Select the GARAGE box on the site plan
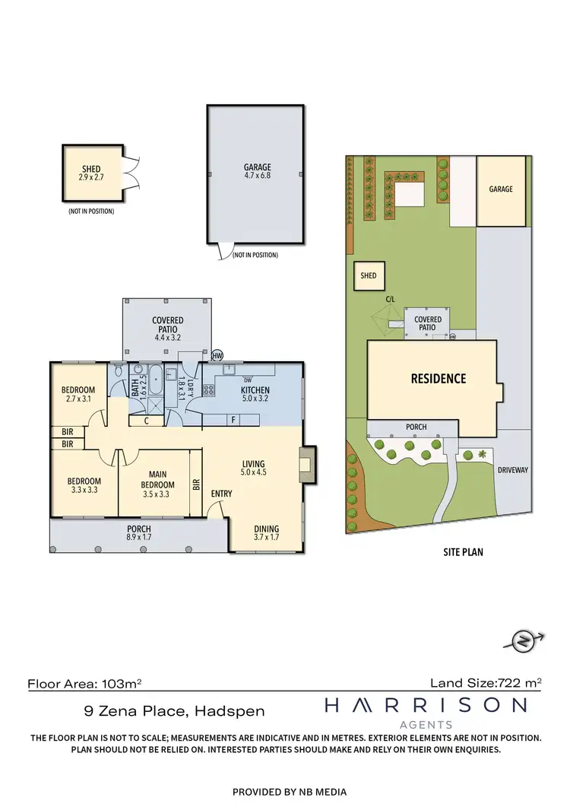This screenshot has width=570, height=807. click(x=500, y=191)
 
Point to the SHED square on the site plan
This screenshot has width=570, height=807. click(x=369, y=276)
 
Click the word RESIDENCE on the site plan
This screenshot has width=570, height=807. click(x=439, y=378)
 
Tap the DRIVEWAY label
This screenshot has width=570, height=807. click(x=513, y=470)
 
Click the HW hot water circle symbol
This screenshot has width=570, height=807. click(x=218, y=355)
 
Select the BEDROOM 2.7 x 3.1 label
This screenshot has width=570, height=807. click(x=78, y=394)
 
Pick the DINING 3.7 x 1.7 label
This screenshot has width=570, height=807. click(x=267, y=533)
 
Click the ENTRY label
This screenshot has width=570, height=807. click(x=221, y=494)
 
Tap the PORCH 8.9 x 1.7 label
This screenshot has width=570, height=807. click(x=138, y=533)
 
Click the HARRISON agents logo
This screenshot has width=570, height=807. click(x=426, y=711)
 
